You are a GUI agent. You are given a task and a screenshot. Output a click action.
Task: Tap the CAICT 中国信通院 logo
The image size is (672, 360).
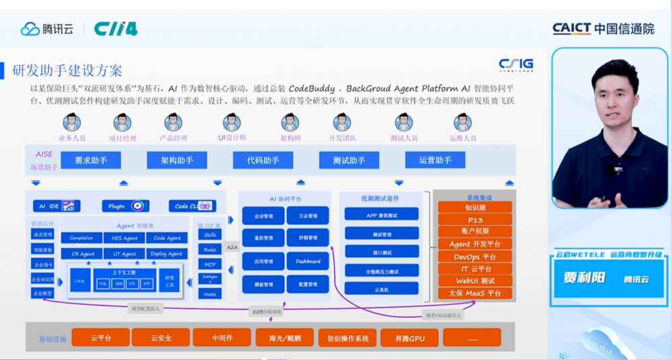click(x=603, y=28)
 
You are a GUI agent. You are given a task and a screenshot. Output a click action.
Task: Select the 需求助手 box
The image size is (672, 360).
click(x=91, y=160)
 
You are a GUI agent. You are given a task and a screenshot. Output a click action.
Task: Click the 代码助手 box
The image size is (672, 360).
click(x=263, y=160)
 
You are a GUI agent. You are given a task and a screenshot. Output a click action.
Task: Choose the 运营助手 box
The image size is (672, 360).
click(x=435, y=160)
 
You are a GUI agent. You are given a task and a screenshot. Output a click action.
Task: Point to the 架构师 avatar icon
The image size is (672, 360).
click(x=290, y=122)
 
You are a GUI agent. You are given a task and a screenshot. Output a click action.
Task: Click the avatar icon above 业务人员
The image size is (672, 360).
click(x=72, y=122)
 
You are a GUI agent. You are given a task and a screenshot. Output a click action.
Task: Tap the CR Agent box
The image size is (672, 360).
click(x=82, y=254)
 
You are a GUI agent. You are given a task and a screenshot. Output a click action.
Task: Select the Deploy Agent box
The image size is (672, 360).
click(x=167, y=254)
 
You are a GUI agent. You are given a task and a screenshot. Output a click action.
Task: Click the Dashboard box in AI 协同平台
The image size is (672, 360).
click(x=308, y=261)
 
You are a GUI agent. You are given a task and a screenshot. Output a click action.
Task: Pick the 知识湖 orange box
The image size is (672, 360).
click(x=475, y=208)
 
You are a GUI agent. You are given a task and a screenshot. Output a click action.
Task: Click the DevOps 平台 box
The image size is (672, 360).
click(x=475, y=257)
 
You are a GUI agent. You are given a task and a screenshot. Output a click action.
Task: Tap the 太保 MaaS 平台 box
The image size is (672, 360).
click(x=475, y=294)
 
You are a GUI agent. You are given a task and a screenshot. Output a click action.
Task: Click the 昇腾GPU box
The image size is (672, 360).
click(x=409, y=338)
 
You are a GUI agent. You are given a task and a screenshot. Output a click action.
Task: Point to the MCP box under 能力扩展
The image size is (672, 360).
click(x=210, y=264)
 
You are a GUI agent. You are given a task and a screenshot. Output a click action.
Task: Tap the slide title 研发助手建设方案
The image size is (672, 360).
click(x=68, y=71)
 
